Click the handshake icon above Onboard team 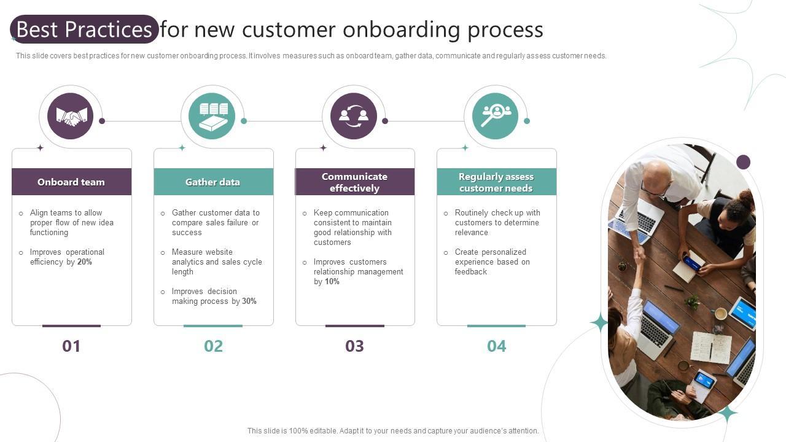coord(71,116)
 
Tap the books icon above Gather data coord(212,116)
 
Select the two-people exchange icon coord(354,116)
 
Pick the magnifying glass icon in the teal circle coord(495,115)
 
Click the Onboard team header coord(71,182)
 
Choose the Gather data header coord(212,182)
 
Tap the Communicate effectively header coord(354,182)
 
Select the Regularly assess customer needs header coord(496,182)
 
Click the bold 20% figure coord(85,262)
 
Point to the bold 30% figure coord(249,301)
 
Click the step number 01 coord(71,346)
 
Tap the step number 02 coord(213,346)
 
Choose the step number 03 coord(354,346)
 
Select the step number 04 coord(496,346)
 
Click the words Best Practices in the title coord(84,29)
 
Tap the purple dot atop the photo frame coord(743,162)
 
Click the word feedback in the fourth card coord(470,272)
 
